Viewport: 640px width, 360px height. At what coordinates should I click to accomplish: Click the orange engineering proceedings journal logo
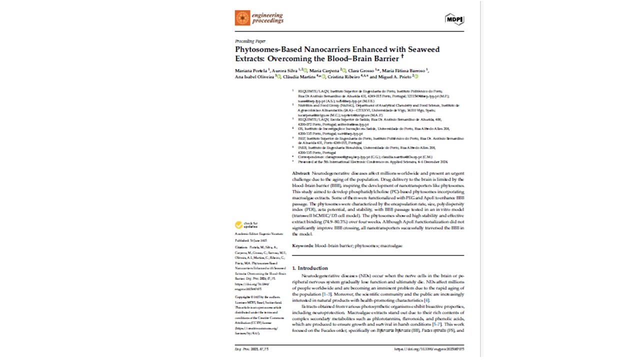pyautogui.click(x=242, y=18)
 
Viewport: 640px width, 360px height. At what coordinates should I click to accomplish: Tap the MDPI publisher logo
pyautogui.click(x=454, y=19)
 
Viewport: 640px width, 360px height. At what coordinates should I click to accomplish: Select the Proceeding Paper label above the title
pyautogui.click(x=250, y=41)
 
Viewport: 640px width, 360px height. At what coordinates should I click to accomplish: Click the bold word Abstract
pyautogui.click(x=301, y=173)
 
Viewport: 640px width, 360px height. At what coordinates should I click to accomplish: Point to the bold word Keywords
pyautogui.click(x=302, y=245)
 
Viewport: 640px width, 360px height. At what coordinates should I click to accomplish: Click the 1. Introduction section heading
pyautogui.click(x=310, y=268)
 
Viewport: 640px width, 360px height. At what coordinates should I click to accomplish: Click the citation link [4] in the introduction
pyautogui.click(x=426, y=300)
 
